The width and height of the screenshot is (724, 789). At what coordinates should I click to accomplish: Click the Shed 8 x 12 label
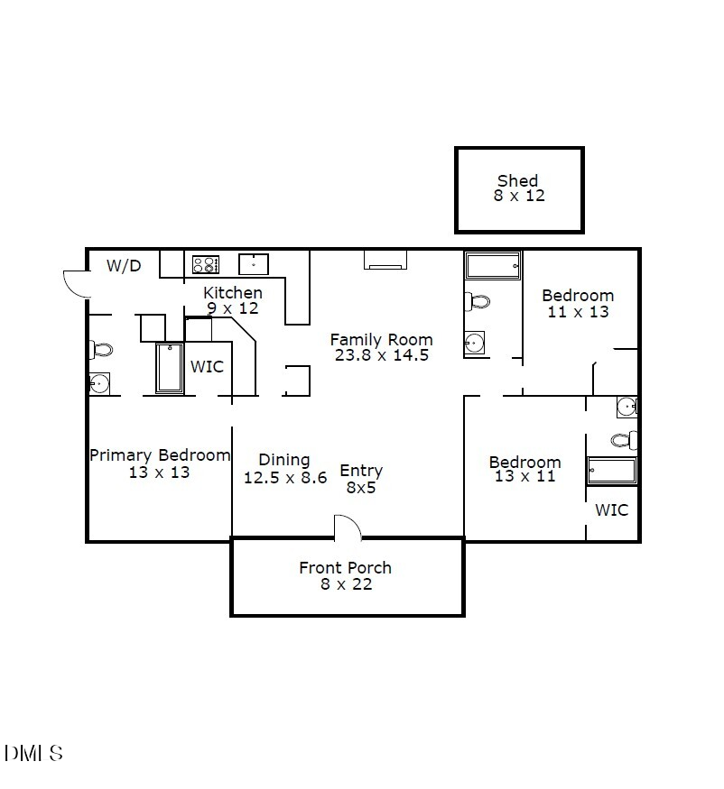click(x=519, y=188)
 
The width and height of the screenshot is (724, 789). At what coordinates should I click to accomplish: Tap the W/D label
click(x=124, y=265)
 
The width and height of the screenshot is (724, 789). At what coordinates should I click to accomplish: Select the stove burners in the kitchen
click(x=206, y=264)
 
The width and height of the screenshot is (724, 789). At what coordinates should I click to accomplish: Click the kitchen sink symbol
click(x=254, y=264)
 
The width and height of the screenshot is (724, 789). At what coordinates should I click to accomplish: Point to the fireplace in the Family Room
click(x=385, y=260)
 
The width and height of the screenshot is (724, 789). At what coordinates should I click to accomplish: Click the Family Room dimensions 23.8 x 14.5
click(x=380, y=355)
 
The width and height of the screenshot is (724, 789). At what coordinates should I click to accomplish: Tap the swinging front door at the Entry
click(x=348, y=528)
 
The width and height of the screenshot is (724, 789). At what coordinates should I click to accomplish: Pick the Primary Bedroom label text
click(x=160, y=455)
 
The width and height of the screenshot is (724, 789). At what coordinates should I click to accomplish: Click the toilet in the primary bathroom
click(x=102, y=350)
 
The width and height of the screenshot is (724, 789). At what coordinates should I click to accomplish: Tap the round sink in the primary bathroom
click(x=99, y=384)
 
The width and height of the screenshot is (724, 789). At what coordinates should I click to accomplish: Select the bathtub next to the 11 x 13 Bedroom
click(x=493, y=266)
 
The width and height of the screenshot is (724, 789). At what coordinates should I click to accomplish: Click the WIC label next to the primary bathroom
click(x=207, y=367)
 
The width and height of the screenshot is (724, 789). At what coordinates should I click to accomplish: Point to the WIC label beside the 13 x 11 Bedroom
click(x=611, y=510)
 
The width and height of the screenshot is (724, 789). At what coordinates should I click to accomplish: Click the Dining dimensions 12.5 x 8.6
click(x=285, y=478)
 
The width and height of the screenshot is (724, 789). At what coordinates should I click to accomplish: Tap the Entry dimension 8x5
click(x=361, y=487)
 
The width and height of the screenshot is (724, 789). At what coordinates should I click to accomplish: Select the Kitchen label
click(x=233, y=292)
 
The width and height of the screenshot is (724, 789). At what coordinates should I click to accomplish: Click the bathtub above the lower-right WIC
click(x=612, y=472)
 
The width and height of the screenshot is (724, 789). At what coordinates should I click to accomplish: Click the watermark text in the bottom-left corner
click(x=33, y=753)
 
